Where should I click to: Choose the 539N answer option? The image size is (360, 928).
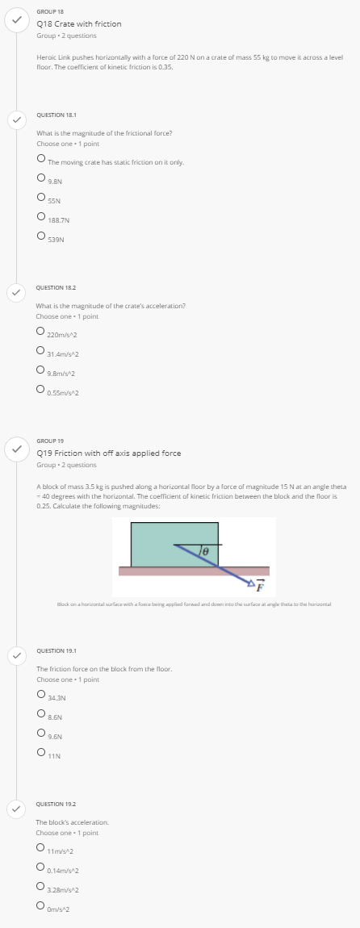[x=40, y=235]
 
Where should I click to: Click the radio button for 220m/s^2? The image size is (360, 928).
[x=40, y=330]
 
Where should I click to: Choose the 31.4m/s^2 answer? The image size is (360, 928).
[x=40, y=349]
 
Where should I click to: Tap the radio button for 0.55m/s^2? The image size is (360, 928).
[x=40, y=389]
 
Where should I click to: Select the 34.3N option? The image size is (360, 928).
[x=40, y=693]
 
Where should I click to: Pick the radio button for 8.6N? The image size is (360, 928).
[x=40, y=713]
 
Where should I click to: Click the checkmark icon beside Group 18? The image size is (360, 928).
[x=15, y=22]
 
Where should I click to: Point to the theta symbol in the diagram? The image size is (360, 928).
[x=207, y=550]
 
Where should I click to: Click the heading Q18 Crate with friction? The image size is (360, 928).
[x=79, y=23]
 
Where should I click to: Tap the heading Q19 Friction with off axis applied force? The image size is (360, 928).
[x=109, y=453]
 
